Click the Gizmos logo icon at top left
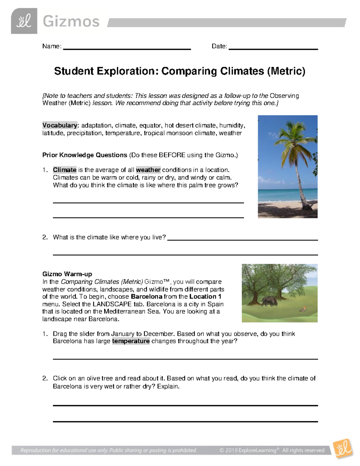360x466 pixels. click(24, 21)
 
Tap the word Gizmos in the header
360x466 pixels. click(71, 22)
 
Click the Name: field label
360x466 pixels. click(52, 46)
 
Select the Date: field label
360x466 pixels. click(219, 46)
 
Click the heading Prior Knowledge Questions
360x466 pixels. click(85, 155)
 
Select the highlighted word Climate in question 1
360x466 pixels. click(64, 170)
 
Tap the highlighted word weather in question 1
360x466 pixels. click(148, 170)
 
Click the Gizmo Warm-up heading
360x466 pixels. click(67, 274)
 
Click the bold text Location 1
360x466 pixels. click(205, 297)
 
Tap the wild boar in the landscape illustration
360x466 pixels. click(268, 301)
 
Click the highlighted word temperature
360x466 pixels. click(131, 341)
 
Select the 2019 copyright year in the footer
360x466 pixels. click(232, 450)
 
